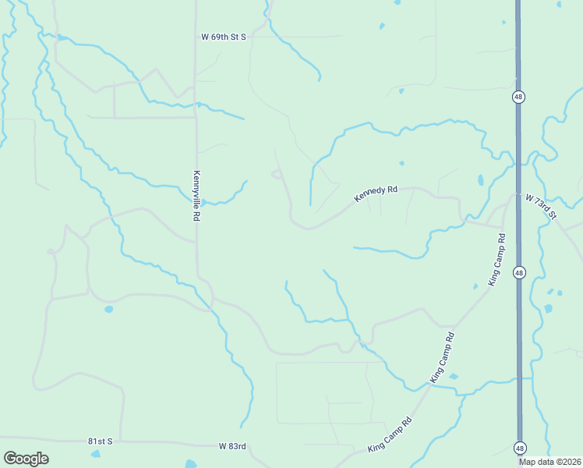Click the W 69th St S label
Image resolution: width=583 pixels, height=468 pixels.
tap(223, 37)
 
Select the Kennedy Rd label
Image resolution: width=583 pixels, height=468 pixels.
tap(376, 193)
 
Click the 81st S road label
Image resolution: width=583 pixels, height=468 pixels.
tap(100, 441)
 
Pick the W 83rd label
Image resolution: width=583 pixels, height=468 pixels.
tap(233, 446)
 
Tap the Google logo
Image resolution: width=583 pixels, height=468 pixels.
tap(26, 459)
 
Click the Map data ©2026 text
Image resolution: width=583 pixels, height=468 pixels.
tap(549, 462)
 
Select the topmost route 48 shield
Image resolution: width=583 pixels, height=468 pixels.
tap(519, 97)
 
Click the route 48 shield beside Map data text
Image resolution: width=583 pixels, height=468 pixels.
tap(519, 448)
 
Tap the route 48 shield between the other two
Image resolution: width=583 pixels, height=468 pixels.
tap(519, 272)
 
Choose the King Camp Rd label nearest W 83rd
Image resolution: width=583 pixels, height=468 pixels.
tap(389, 434)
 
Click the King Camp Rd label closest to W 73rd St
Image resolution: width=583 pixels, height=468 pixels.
tap(496, 259)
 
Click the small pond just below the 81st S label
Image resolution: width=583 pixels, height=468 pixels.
tap(95, 453)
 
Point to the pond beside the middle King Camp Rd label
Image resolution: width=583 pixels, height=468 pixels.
tap(454, 377)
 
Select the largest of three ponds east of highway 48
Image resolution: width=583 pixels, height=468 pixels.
tap(548, 309)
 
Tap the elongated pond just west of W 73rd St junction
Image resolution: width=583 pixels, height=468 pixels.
tap(480, 180)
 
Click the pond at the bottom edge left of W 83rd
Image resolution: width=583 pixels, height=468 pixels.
tap(191, 465)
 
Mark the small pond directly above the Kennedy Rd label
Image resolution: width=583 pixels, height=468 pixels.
tap(401, 164)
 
